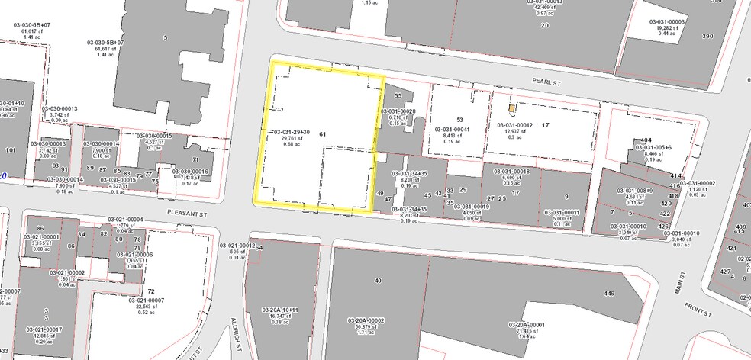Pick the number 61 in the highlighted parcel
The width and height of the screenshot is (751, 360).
point(323,133)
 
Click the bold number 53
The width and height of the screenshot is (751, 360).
point(459,120)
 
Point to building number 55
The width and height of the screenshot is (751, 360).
point(398,96)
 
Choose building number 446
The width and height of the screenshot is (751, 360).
point(608,293)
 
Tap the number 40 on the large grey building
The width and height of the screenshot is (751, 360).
point(378,281)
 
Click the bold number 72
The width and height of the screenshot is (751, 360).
point(151,292)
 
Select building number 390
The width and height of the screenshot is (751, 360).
point(707,37)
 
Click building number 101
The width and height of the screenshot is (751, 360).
point(10,150)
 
